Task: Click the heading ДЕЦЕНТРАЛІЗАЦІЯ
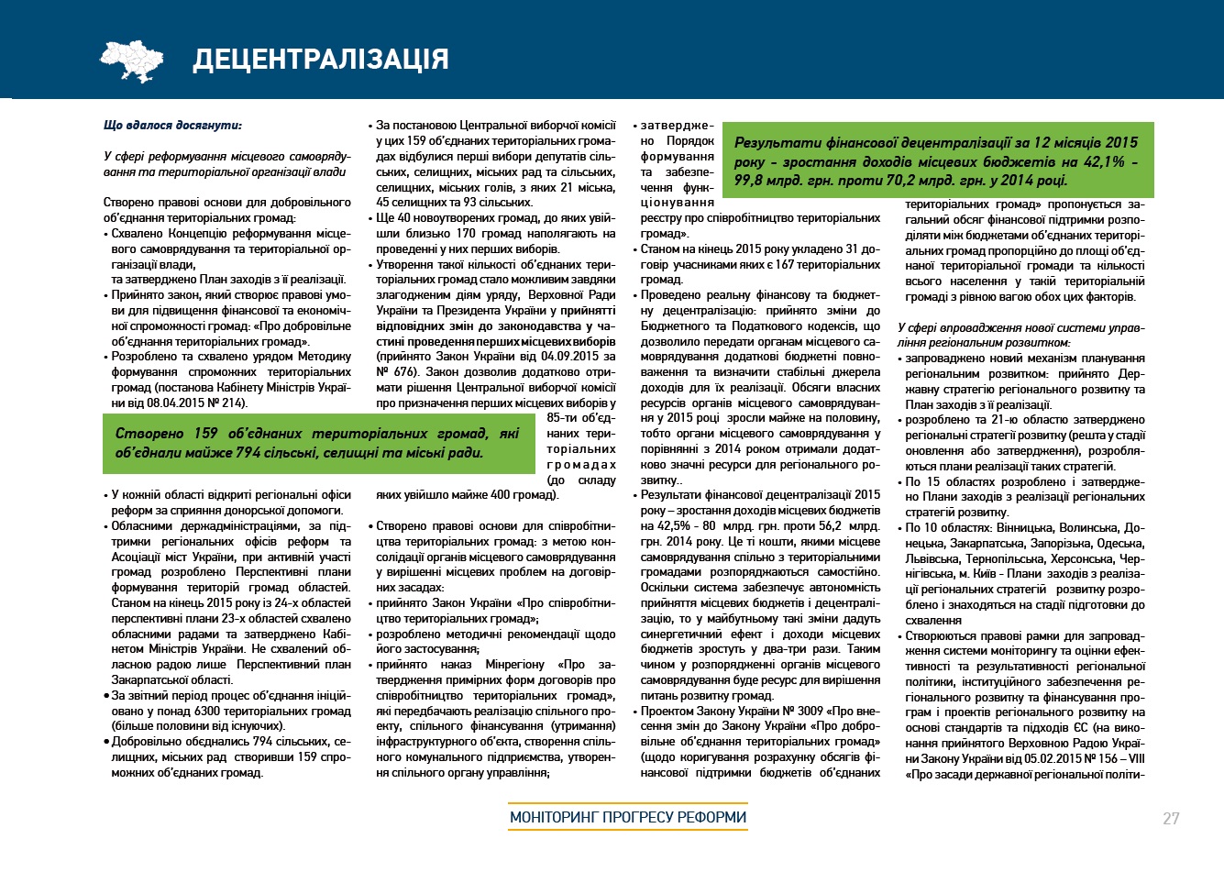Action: click(x=321, y=59)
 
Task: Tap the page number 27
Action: click(x=1171, y=819)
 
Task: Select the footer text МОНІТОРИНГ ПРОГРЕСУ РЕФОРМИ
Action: click(x=628, y=817)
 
